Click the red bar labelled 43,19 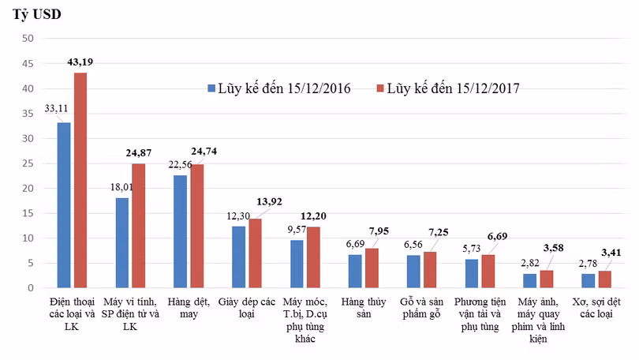coord(80,180)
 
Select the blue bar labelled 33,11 coord(64,205)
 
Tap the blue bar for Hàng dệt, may coord(180,231)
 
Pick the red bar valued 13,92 coord(255,253)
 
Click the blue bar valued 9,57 coord(297,264)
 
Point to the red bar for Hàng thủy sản coord(372,268)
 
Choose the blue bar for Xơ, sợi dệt coord(588,281)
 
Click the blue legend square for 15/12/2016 coord(211,88)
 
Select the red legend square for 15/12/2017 coord(380,88)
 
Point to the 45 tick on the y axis coord(28,64)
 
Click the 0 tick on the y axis coord(31,288)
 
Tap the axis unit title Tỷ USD coord(36,14)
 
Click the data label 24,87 coord(139,153)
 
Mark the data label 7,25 coord(439,232)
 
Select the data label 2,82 coord(530,264)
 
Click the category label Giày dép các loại coord(247,308)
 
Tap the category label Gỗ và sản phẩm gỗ coord(421,308)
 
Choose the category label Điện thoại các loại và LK coord(72,314)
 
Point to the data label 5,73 coord(472,249)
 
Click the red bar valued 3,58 coord(547,279)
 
